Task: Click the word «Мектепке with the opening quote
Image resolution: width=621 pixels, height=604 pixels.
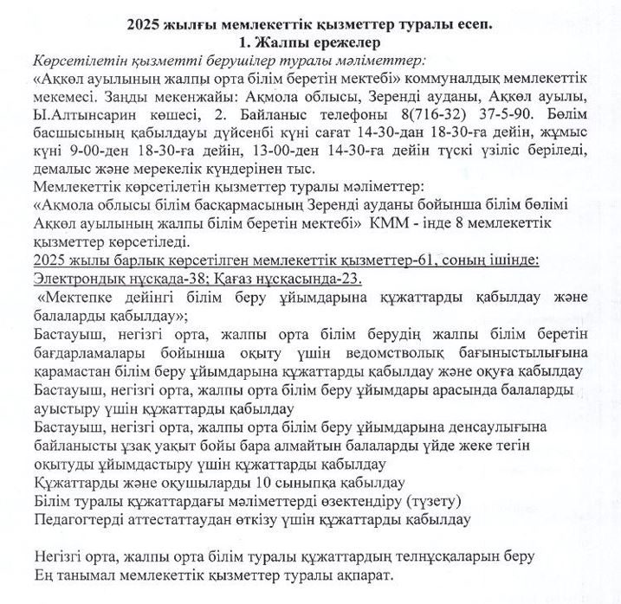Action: pyautogui.click(x=74, y=299)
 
